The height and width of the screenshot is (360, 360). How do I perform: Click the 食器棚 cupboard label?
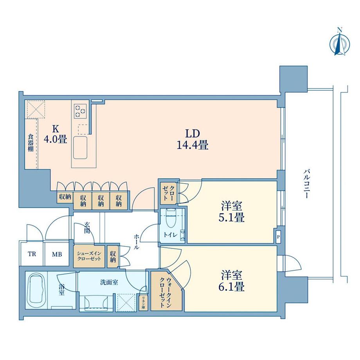point(30,143)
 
